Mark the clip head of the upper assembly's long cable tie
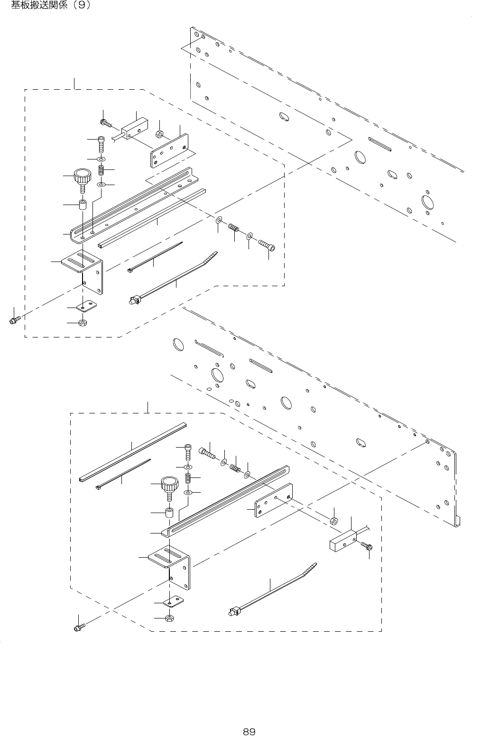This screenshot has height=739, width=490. click(134, 300)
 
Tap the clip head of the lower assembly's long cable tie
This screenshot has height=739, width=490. click(233, 612)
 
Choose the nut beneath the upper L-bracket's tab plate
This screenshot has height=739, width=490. click(83, 323)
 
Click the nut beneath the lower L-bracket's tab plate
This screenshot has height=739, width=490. click(169, 618)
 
